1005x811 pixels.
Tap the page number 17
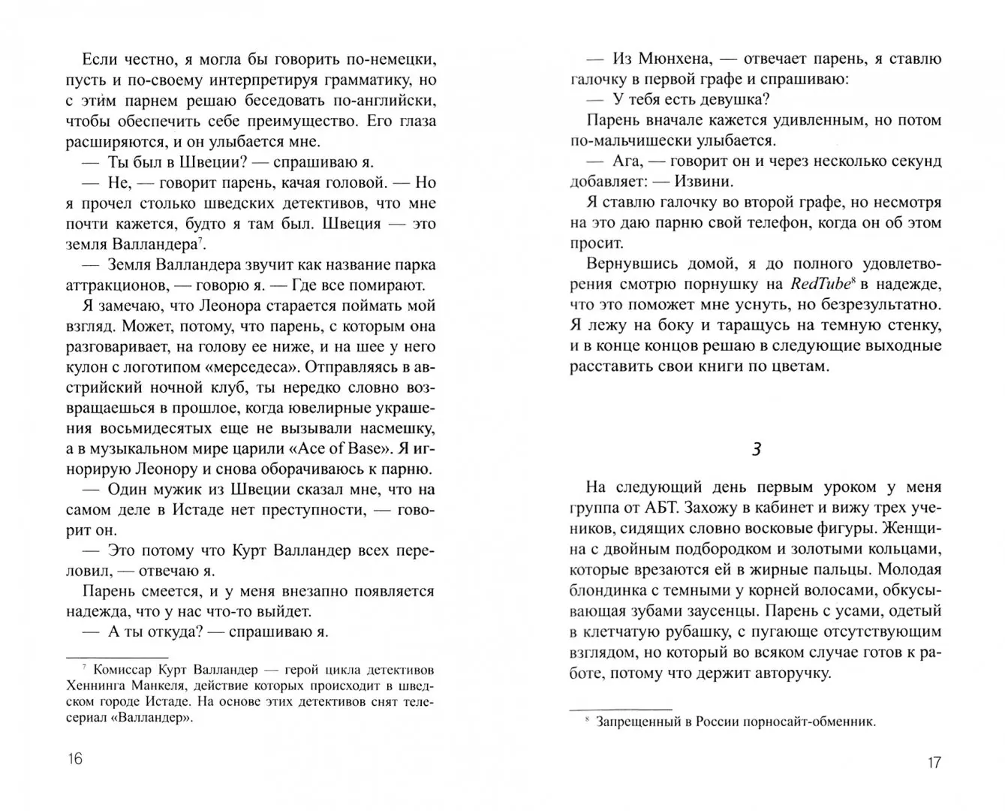tap(933, 763)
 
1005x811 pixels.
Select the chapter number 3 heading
tap(757, 449)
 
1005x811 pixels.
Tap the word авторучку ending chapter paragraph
tap(787, 672)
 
